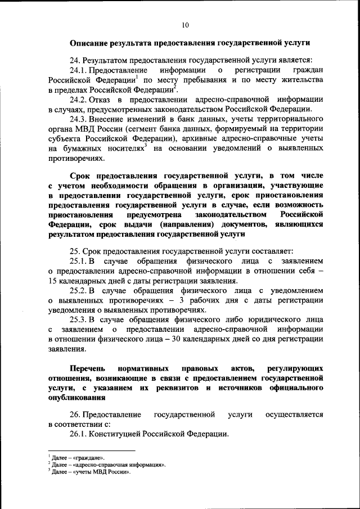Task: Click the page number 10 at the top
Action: coord(186,25)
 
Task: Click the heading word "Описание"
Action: coord(91,43)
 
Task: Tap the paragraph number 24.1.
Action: coord(79,70)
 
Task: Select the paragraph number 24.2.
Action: coord(79,100)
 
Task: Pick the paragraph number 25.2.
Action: coord(79,291)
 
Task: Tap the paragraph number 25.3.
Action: coord(79,320)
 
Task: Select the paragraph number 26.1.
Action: coord(79,434)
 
